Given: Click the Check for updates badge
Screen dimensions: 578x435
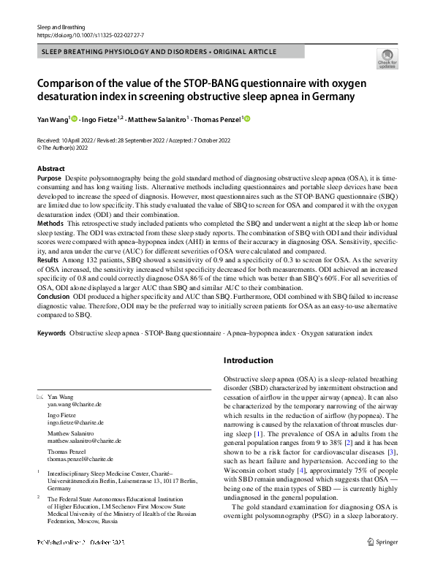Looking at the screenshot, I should click(x=386, y=58).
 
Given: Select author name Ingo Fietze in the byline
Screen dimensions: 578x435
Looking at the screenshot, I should click(x=99, y=119).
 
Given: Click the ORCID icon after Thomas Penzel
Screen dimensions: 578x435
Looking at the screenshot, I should click(x=246, y=118).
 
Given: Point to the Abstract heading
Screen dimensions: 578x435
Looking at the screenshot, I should click(x=50, y=169).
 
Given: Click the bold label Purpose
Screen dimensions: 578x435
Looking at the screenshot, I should click(x=49, y=178).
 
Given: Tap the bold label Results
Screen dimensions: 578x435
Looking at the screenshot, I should click(x=48, y=259).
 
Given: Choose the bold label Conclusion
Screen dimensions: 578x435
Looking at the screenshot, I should click(x=54, y=297).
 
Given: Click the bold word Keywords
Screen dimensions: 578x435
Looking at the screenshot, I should click(x=51, y=332).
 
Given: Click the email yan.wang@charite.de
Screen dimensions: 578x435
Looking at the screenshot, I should click(x=75, y=403).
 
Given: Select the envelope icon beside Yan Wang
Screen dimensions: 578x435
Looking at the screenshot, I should click(x=40, y=395).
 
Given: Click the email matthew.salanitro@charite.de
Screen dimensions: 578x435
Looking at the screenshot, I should click(x=84, y=441).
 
